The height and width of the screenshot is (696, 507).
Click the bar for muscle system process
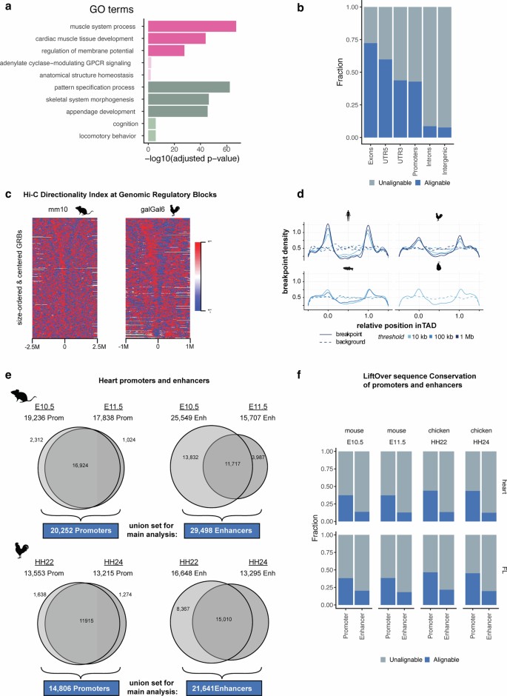click(x=192, y=26)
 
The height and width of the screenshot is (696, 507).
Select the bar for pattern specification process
click(x=189, y=87)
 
